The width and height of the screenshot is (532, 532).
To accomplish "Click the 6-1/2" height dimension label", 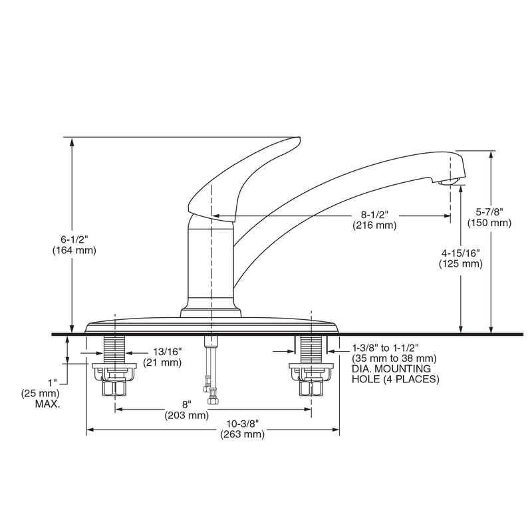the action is pyautogui.click(x=74, y=239).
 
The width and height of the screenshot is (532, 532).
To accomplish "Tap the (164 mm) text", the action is pyautogui.click(x=74, y=251).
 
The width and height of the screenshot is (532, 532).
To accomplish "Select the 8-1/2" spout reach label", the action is pyautogui.click(x=374, y=214).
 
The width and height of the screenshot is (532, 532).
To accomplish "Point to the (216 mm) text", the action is pyautogui.click(x=374, y=225).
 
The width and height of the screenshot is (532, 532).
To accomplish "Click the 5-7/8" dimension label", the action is pyautogui.click(x=489, y=212).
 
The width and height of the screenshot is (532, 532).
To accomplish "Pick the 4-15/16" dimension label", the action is pyautogui.click(x=460, y=253).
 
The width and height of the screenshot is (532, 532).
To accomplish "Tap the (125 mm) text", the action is pyautogui.click(x=460, y=263).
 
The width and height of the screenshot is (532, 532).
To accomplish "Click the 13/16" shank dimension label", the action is pyautogui.click(x=168, y=351).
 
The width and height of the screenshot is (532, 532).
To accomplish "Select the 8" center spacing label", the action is pyautogui.click(x=187, y=404).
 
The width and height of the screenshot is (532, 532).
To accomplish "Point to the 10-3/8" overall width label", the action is pyautogui.click(x=243, y=424).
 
